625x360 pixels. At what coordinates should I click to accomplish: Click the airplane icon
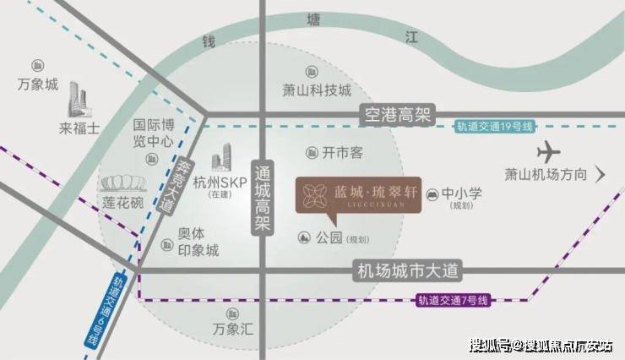point(548,153)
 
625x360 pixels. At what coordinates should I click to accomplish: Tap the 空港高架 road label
point(398,115)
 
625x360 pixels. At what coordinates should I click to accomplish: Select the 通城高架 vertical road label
point(263,198)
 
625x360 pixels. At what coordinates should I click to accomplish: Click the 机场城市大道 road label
point(407,271)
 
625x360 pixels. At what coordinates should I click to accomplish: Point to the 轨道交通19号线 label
point(494,127)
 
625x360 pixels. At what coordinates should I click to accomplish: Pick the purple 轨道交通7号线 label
point(453,300)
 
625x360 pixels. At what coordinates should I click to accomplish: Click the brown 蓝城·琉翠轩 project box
point(358,197)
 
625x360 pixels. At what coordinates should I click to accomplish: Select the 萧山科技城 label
point(317,90)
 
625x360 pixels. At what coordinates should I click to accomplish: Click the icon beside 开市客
point(312,153)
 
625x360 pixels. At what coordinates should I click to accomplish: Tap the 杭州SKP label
point(220,183)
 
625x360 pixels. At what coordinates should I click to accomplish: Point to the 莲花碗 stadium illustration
point(123,183)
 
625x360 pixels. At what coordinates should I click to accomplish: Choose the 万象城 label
point(38,85)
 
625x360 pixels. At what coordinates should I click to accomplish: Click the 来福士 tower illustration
point(78,100)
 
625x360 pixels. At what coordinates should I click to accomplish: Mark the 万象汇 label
point(233,329)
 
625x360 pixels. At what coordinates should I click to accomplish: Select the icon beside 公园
point(304,237)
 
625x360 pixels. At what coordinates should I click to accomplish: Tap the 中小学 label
point(462,194)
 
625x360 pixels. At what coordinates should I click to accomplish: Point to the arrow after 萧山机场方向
point(600,174)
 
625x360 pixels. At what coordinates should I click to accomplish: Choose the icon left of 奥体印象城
point(166,244)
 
